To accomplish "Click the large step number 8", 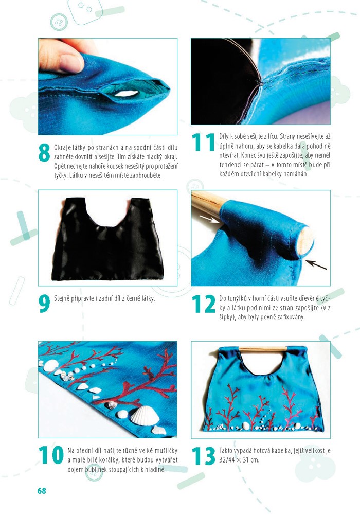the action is [44, 153].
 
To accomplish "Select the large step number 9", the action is [44, 304].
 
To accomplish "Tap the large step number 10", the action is [51, 455].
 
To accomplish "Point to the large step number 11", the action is [203, 142].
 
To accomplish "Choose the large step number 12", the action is [204, 304].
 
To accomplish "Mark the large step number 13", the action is [204, 455].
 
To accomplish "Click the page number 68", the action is [42, 491].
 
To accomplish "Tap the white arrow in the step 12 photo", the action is [210, 219].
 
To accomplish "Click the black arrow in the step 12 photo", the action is [316, 264].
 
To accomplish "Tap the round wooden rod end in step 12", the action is [305, 241].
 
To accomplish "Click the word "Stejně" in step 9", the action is [62, 298].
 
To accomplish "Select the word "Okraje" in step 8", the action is [62, 148].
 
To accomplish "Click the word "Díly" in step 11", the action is [224, 136].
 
